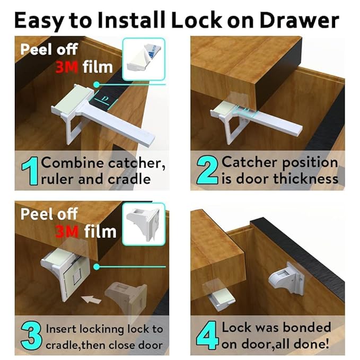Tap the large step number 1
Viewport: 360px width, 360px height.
click(x=29, y=171)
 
